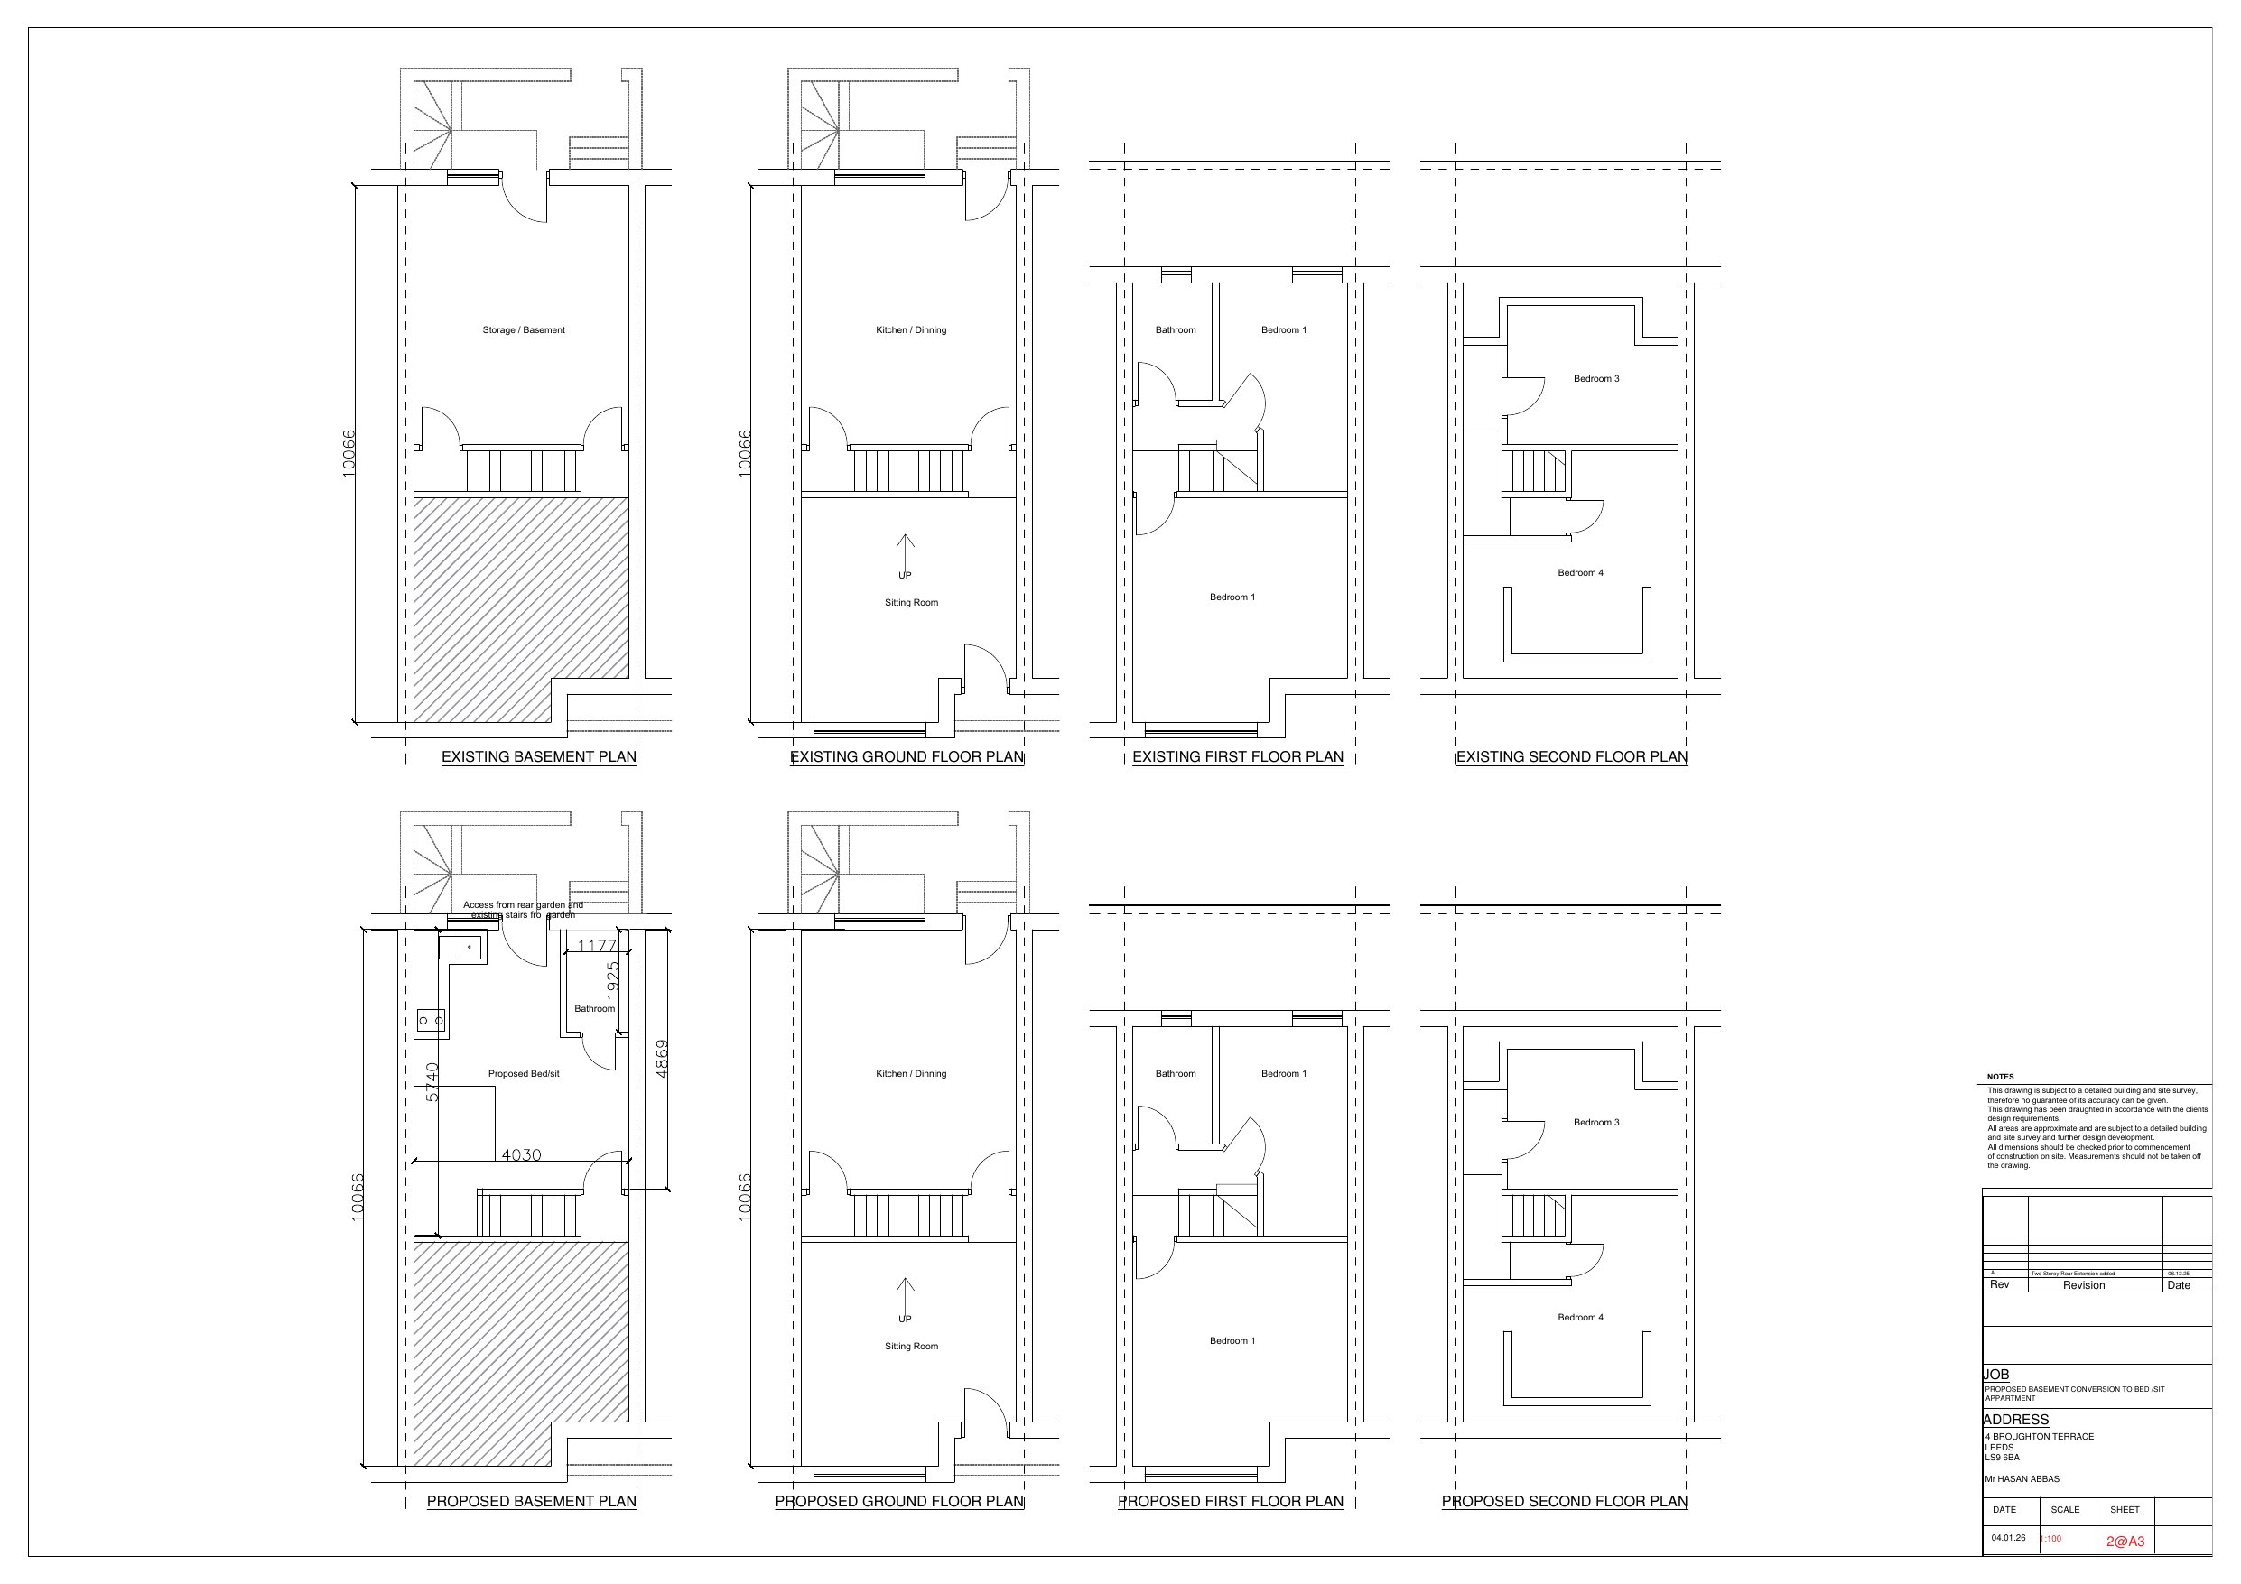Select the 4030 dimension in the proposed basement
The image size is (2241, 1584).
pos(520,1154)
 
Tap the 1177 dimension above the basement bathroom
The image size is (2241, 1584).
pos(596,946)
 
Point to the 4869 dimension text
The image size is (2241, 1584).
pos(662,1058)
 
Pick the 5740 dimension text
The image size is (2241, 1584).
pos(432,1081)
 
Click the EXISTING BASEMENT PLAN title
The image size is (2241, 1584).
pos(539,756)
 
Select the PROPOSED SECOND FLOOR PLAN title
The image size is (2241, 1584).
pos(1564,1501)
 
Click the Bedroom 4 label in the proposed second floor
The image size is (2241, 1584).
pos(1580,1318)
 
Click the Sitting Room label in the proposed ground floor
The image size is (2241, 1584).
pos(911,1346)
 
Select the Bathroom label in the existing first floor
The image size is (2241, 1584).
pos(1176,329)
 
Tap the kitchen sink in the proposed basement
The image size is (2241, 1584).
pos(462,947)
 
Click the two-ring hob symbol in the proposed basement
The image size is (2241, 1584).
pos(431,1020)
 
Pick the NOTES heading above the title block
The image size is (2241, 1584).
pos(2000,1077)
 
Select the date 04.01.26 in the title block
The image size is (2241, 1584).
pos(2008,1537)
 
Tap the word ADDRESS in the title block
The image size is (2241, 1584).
pos(2015,1419)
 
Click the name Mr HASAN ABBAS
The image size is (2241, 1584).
pos(2022,1478)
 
